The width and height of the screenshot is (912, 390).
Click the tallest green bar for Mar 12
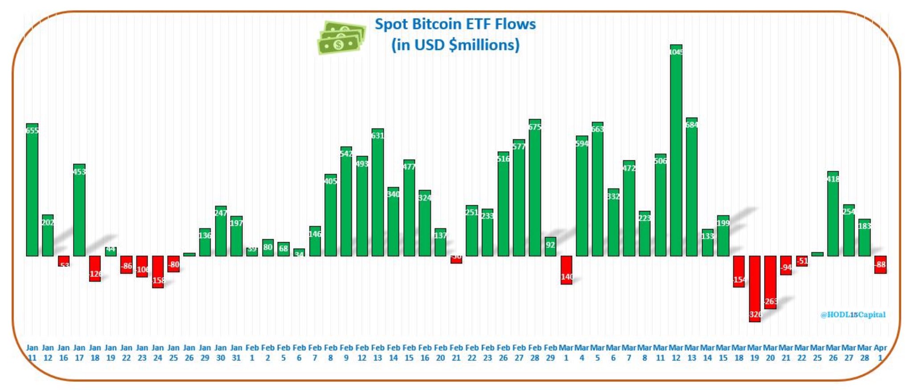pos(676,151)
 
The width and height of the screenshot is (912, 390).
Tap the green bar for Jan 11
pos(32,191)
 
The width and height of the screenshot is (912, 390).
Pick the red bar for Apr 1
pos(880,264)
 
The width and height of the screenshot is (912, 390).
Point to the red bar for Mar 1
pos(566,270)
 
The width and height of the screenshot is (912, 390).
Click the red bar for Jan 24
pos(158,272)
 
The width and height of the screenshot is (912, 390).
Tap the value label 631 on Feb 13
pos(378,135)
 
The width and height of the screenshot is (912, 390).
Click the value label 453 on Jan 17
pos(79,171)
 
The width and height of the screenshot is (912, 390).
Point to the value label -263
pos(770,301)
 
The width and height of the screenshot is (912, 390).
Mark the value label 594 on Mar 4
pos(582,143)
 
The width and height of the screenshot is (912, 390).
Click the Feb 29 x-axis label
pos(550,353)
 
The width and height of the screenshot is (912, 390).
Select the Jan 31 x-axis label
pos(236,353)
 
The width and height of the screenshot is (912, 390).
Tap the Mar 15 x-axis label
pos(723,353)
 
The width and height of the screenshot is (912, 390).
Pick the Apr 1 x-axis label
pos(880,353)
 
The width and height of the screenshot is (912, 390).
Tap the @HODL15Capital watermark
pos(853,315)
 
